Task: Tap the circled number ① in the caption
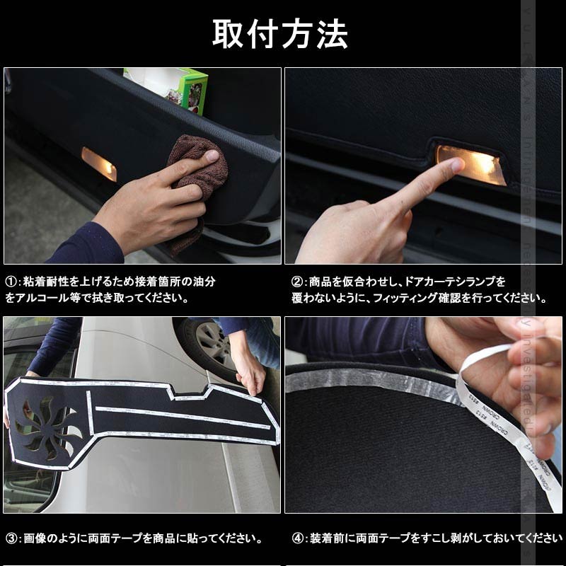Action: (x=11, y=282)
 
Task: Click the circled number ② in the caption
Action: (x=297, y=282)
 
